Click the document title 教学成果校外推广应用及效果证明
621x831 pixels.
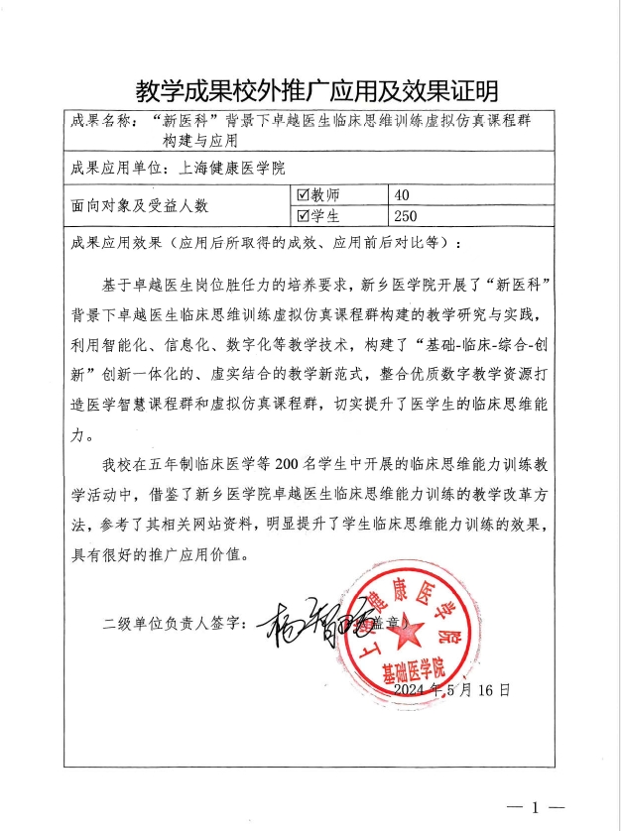pyautogui.click(x=310, y=90)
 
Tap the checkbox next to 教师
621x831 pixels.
pyautogui.click(x=305, y=195)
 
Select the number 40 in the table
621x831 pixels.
pyautogui.click(x=402, y=195)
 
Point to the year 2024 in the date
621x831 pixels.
pyautogui.click(x=411, y=688)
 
